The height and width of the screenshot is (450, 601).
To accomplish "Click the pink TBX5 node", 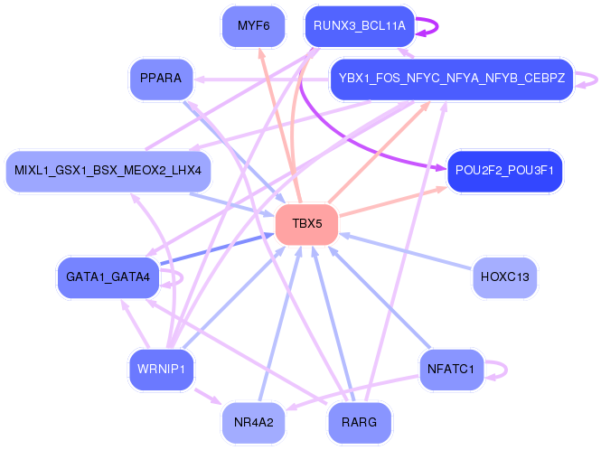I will pos(306,223).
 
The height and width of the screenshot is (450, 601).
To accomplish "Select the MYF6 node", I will pos(253,26).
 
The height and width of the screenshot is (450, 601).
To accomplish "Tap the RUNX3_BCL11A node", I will pos(360,26).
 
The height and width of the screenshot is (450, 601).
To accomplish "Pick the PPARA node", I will pos(162,79).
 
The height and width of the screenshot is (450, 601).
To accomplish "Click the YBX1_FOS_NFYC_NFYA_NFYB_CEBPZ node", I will pos(451,79).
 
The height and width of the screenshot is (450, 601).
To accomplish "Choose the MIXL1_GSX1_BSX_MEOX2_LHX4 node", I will pos(108,170).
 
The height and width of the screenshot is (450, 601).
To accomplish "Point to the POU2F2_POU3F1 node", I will pos(504,170).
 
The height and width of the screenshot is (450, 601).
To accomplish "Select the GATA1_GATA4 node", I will pos(108,276).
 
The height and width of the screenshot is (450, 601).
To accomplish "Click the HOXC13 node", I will pos(504,276).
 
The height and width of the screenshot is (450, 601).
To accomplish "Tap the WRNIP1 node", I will pos(162,369).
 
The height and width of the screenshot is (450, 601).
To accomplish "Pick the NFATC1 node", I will pos(451,369).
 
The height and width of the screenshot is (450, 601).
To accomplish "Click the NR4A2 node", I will pos(253,421).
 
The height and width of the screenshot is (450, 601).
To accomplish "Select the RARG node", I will pos(360,421).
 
